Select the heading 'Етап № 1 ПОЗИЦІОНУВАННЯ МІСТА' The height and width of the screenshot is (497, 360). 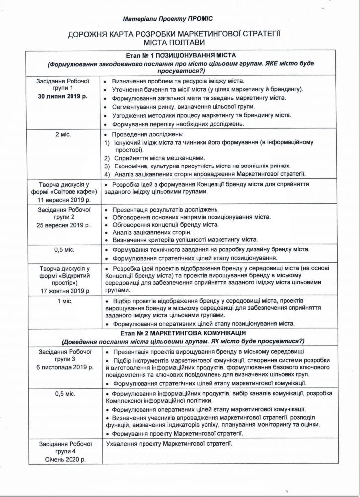pyautogui.click(x=180, y=55)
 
